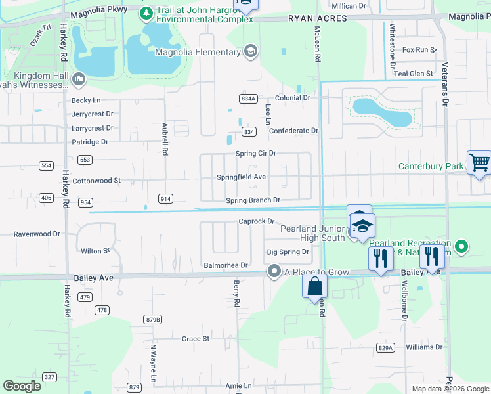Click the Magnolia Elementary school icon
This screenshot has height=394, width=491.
pyautogui.click(x=250, y=52)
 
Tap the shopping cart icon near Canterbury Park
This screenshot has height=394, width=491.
pyautogui.click(x=479, y=163)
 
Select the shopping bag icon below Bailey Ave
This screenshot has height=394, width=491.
pyautogui.click(x=314, y=286)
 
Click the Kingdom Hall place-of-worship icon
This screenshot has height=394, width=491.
pyautogui.click(x=79, y=79)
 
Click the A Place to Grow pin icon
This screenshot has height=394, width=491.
pyautogui.click(x=274, y=271)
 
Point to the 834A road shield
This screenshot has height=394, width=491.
pyautogui.click(x=247, y=98)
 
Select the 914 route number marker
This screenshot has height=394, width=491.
pyautogui.click(x=165, y=198)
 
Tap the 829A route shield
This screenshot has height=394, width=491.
pyautogui.click(x=386, y=347)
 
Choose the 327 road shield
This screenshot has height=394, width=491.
pyautogui.click(x=49, y=377)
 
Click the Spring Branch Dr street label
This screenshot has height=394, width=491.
pyautogui.click(x=253, y=200)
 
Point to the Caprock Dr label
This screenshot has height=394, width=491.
pyautogui.click(x=255, y=222)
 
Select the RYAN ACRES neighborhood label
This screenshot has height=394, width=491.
pyautogui.click(x=317, y=19)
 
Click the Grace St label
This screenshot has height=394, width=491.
pyautogui.click(x=195, y=339)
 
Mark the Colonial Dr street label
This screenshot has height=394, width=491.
pyautogui.click(x=292, y=98)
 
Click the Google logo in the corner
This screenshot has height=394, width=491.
pyautogui.click(x=22, y=386)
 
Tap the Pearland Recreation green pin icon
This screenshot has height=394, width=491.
pyautogui.click(x=461, y=247)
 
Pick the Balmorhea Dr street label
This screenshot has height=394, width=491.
pyautogui.click(x=225, y=265)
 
